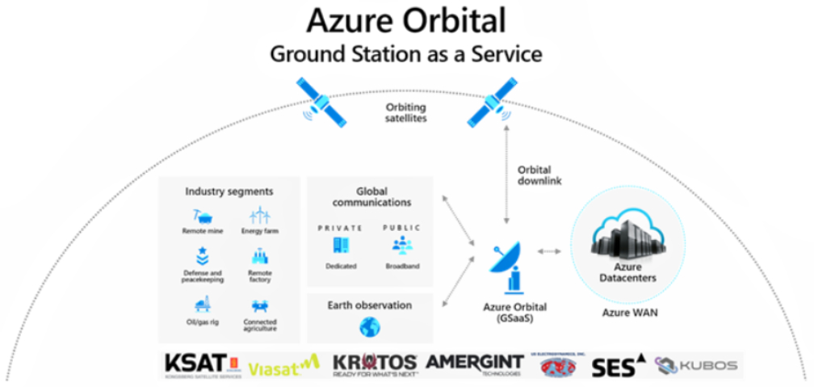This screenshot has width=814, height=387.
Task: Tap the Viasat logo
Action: pyautogui.click(x=283, y=368)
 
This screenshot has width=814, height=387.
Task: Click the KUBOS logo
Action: pyautogui.click(x=696, y=366)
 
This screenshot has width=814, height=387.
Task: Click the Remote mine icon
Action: pyautogui.click(x=198, y=216)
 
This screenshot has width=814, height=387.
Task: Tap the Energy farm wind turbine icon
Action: pyautogui.click(x=259, y=216)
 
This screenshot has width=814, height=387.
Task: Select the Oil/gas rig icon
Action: pyautogui.click(x=198, y=305)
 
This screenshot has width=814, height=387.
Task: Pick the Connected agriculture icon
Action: pyautogui.click(x=259, y=306)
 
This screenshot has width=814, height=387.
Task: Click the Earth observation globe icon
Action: pyautogui.click(x=369, y=326)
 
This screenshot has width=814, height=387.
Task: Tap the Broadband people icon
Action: pyautogui.click(x=401, y=245)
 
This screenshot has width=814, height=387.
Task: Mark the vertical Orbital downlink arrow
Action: pyautogui.click(x=506, y=175)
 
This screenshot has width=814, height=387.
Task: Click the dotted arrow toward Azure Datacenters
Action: pyautogui.click(x=549, y=251)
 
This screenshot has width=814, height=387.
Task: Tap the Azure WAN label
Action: pyautogui.click(x=631, y=312)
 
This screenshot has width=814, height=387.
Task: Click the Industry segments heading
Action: pyautogui.click(x=229, y=191)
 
